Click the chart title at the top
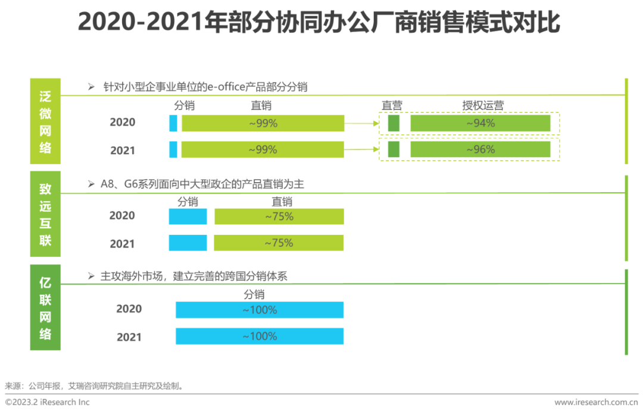[319, 23]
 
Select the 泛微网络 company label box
[45, 121]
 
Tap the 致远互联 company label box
[45, 215]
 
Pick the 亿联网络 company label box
[45, 308]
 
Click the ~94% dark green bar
[480, 123]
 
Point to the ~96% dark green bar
[480, 149]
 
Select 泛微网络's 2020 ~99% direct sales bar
[263, 123]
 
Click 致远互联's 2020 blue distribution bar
[188, 217]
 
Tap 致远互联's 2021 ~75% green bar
[279, 243]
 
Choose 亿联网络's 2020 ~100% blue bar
[260, 310]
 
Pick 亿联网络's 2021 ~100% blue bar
[260, 336]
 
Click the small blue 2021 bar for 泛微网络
[173, 149]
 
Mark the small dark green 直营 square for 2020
[394, 123]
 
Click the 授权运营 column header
[483, 106]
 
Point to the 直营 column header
[392, 106]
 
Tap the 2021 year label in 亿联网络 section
[129, 337]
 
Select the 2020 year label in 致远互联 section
[122, 216]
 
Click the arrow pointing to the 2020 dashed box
[362, 124]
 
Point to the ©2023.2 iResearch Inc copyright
[48, 403]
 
